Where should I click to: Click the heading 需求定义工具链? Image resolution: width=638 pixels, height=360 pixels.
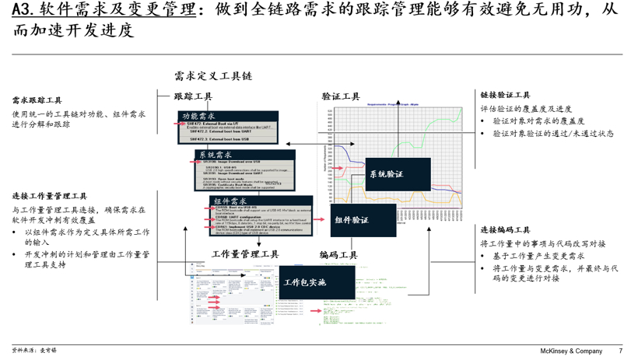(x=213, y=76)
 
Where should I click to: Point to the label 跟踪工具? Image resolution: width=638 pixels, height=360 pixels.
(x=193, y=96)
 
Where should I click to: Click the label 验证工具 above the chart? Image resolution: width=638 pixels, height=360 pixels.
(x=341, y=96)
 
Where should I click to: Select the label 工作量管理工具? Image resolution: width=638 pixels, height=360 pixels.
(x=245, y=254)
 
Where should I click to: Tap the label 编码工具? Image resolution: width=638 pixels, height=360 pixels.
(x=338, y=254)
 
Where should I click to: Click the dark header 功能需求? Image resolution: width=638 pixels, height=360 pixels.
(x=199, y=117)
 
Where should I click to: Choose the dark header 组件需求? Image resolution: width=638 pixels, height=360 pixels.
(x=231, y=201)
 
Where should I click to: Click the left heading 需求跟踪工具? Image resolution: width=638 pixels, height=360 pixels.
(x=37, y=100)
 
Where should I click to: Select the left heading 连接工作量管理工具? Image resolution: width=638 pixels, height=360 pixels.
(x=50, y=196)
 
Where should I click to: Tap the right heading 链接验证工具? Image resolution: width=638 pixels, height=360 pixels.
(x=505, y=95)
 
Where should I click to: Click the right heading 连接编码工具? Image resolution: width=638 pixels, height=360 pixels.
(x=505, y=230)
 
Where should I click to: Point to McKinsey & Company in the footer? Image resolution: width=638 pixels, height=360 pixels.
(x=572, y=351)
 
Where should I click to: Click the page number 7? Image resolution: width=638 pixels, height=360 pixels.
(x=620, y=351)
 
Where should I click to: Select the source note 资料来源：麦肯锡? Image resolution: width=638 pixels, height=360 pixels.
(x=35, y=351)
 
